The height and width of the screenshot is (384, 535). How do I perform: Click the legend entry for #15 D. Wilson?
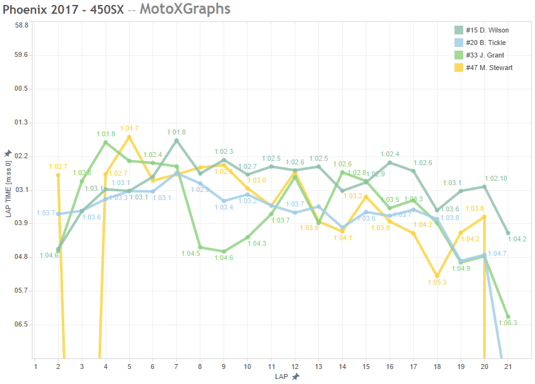486,30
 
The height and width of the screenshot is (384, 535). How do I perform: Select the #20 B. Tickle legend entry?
485,43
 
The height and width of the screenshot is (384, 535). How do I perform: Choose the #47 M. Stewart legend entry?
488,68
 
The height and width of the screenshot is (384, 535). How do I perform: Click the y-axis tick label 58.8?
22,25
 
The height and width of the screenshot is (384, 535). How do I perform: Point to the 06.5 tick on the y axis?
22,325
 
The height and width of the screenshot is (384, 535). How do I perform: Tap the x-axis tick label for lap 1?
36,366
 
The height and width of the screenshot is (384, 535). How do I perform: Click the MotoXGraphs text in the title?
185,9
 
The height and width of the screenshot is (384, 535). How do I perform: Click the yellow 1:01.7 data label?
129,128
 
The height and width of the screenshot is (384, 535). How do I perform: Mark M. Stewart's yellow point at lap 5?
129,137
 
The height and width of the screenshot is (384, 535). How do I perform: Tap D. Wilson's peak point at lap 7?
176,140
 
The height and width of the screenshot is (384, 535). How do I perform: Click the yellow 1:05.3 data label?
438,282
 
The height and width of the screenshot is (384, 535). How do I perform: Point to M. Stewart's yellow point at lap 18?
437,276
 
